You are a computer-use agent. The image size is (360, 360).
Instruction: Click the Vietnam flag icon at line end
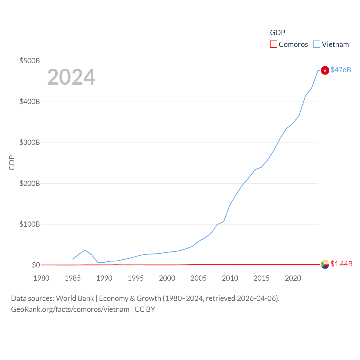click(325, 70)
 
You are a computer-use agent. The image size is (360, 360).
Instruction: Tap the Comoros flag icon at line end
click(325, 264)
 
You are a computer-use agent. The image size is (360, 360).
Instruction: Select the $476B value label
click(341, 70)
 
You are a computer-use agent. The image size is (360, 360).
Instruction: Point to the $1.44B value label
click(341, 264)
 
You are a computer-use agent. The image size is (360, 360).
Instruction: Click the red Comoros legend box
click(273, 44)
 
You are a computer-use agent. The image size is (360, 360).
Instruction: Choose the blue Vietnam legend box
click(316, 44)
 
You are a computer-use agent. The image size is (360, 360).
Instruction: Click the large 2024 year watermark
click(71, 77)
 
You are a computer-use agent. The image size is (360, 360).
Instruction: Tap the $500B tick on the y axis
click(30, 61)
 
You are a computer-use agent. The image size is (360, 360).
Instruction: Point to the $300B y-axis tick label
click(30, 142)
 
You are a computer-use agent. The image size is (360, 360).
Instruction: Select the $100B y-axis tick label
click(30, 224)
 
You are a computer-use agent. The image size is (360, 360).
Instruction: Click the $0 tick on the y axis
click(36, 265)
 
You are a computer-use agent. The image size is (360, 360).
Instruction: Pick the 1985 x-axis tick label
click(73, 278)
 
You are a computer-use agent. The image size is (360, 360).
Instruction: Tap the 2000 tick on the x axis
click(167, 278)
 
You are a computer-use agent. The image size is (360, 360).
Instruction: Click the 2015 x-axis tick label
click(261, 278)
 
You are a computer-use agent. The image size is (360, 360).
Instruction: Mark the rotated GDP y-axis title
click(12, 163)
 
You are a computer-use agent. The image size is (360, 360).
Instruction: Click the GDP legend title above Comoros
click(278, 33)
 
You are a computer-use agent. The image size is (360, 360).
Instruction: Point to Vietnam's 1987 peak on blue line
click(85, 250)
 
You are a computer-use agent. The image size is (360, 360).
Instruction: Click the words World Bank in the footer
click(75, 298)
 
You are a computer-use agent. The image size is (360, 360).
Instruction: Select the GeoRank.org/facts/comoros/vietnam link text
click(70, 309)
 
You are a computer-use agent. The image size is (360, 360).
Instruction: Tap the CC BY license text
click(145, 309)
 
